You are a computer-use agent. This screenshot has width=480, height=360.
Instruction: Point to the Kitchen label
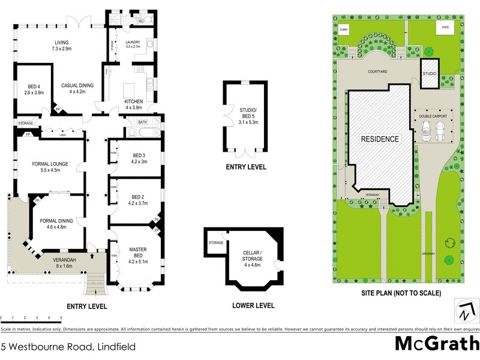133,104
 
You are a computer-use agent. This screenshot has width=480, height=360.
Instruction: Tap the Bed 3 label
138,158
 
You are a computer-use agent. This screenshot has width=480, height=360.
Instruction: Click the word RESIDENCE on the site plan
379,139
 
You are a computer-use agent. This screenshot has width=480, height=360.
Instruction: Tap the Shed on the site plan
445,28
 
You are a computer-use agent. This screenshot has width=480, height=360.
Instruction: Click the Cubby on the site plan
344,29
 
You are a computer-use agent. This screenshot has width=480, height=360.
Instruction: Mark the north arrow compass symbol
467,311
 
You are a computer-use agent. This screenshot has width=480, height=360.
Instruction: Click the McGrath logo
436,344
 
